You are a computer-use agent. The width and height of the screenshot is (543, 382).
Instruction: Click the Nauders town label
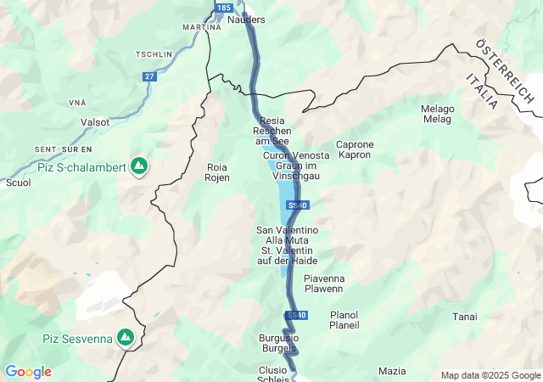click(247, 20)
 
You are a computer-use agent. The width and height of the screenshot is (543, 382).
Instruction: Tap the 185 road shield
click(222, 7)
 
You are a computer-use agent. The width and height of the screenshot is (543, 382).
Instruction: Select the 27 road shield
click(149, 76)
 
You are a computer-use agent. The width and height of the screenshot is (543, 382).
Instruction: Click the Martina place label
click(201, 27)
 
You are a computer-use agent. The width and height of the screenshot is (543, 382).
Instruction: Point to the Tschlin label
click(154, 54)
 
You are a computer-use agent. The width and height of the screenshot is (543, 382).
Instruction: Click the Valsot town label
click(94, 122)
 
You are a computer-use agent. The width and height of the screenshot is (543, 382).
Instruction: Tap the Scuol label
click(18, 183)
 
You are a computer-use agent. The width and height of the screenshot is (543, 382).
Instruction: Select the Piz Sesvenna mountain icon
click(126, 338)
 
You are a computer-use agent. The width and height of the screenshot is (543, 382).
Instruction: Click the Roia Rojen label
click(217, 172)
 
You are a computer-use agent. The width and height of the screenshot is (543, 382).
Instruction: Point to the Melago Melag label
click(437, 114)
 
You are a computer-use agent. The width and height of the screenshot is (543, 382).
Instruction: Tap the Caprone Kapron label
click(355, 150)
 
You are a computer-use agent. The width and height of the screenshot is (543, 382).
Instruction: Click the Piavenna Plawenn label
click(323, 284)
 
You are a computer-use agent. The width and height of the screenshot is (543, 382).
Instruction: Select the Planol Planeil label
click(344, 320)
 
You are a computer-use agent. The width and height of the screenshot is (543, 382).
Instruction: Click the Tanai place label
click(464, 317)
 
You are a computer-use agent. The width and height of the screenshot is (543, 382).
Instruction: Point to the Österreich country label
click(505, 71)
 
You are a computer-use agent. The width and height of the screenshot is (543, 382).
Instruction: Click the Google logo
click(28, 372)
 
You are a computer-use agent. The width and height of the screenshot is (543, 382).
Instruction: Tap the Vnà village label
click(76, 102)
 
